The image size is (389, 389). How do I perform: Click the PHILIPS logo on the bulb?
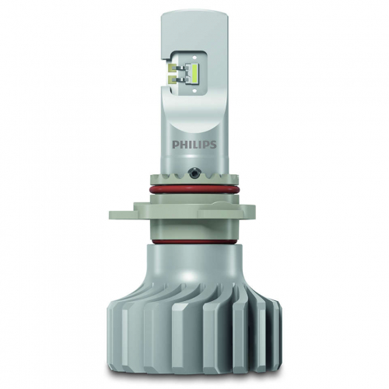(194, 145)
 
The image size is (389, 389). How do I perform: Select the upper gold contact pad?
(172, 68)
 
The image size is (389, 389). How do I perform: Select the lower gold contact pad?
(172, 79)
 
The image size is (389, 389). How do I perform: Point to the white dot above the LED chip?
(194, 57)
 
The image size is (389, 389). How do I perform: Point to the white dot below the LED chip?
(194, 91)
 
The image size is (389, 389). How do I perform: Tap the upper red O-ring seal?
(194, 189)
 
